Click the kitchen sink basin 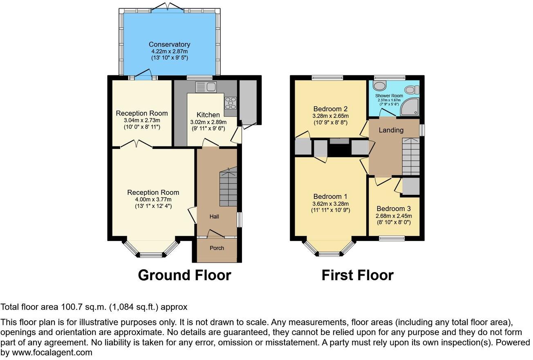[211, 87]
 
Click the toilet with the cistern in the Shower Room [414, 89]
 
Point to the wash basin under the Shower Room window [380, 86]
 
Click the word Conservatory [169, 44]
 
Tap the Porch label [217, 248]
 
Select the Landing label [391, 130]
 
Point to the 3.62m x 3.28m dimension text [331, 203]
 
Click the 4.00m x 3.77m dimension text [153, 200]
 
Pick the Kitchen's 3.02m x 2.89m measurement [208, 122]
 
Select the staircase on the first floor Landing [410, 156]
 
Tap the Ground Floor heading [184, 275]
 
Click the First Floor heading [357, 275]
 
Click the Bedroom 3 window [392, 238]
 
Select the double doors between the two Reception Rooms [137, 144]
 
